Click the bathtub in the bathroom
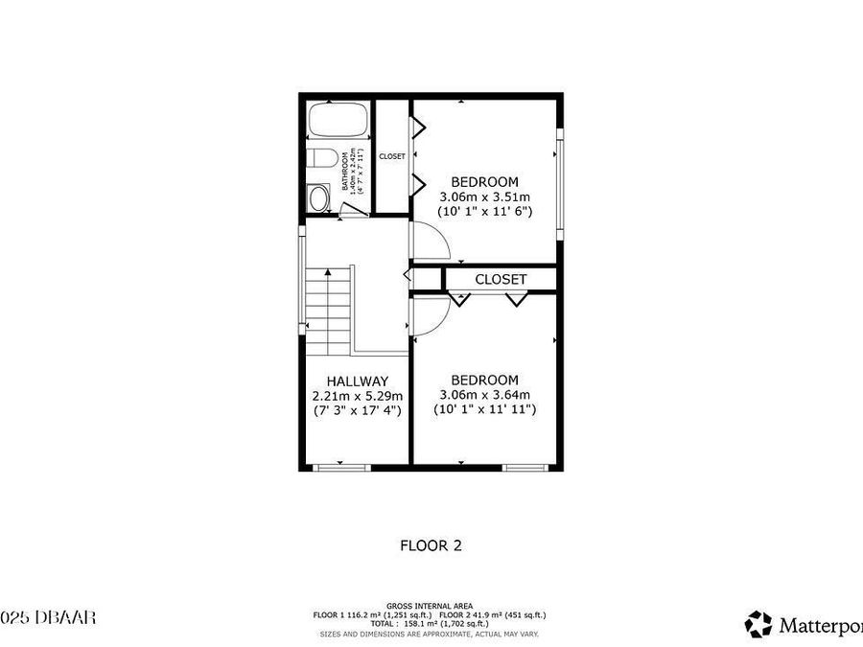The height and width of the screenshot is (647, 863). (338, 122)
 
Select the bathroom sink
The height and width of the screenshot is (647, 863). (319, 197)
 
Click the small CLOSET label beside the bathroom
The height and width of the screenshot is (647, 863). (392, 156)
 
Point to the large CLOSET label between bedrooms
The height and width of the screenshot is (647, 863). (501, 279)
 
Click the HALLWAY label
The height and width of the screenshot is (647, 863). (357, 381)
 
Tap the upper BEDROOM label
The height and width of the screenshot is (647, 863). (484, 181)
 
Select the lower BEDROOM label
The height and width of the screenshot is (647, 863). (484, 380)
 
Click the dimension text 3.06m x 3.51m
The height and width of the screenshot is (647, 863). (484, 196)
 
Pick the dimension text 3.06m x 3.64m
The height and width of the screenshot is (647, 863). (484, 394)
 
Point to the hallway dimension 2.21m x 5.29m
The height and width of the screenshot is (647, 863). (357, 395)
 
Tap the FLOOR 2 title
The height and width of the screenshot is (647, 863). (431, 545)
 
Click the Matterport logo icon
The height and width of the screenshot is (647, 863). (758, 624)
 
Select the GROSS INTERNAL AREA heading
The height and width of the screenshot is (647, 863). (430, 606)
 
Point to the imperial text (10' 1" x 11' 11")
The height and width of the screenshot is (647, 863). (484, 409)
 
